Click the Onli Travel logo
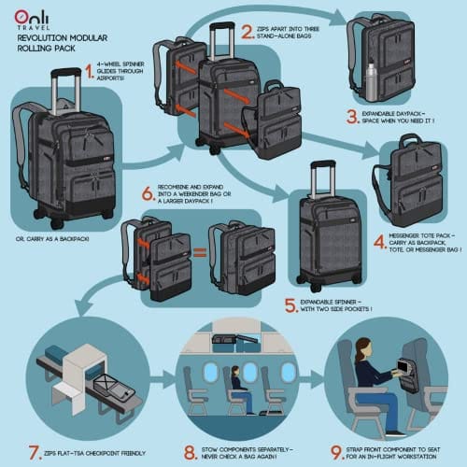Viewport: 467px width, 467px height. click(x=32, y=20)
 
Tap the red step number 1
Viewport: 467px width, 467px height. click(x=90, y=71)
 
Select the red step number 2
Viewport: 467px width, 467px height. click(x=248, y=32)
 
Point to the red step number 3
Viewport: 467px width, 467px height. click(x=353, y=117)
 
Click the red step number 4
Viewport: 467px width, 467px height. click(x=380, y=242)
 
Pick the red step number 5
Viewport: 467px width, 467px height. click(x=291, y=305)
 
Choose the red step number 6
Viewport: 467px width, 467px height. click(x=149, y=193)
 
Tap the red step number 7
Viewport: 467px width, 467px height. click(x=35, y=452)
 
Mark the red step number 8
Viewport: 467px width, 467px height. click(x=191, y=452)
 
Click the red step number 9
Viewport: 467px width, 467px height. click(x=336, y=452)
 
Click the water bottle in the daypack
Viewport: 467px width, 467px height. click(x=370, y=82)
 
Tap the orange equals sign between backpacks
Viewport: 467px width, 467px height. click(x=200, y=252)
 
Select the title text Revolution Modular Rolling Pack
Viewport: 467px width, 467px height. click(x=63, y=43)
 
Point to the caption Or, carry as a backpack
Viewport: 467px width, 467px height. click(x=52, y=239)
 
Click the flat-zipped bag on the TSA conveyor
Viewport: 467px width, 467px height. click(x=114, y=387)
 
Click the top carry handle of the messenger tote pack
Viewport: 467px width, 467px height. click(x=410, y=138)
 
